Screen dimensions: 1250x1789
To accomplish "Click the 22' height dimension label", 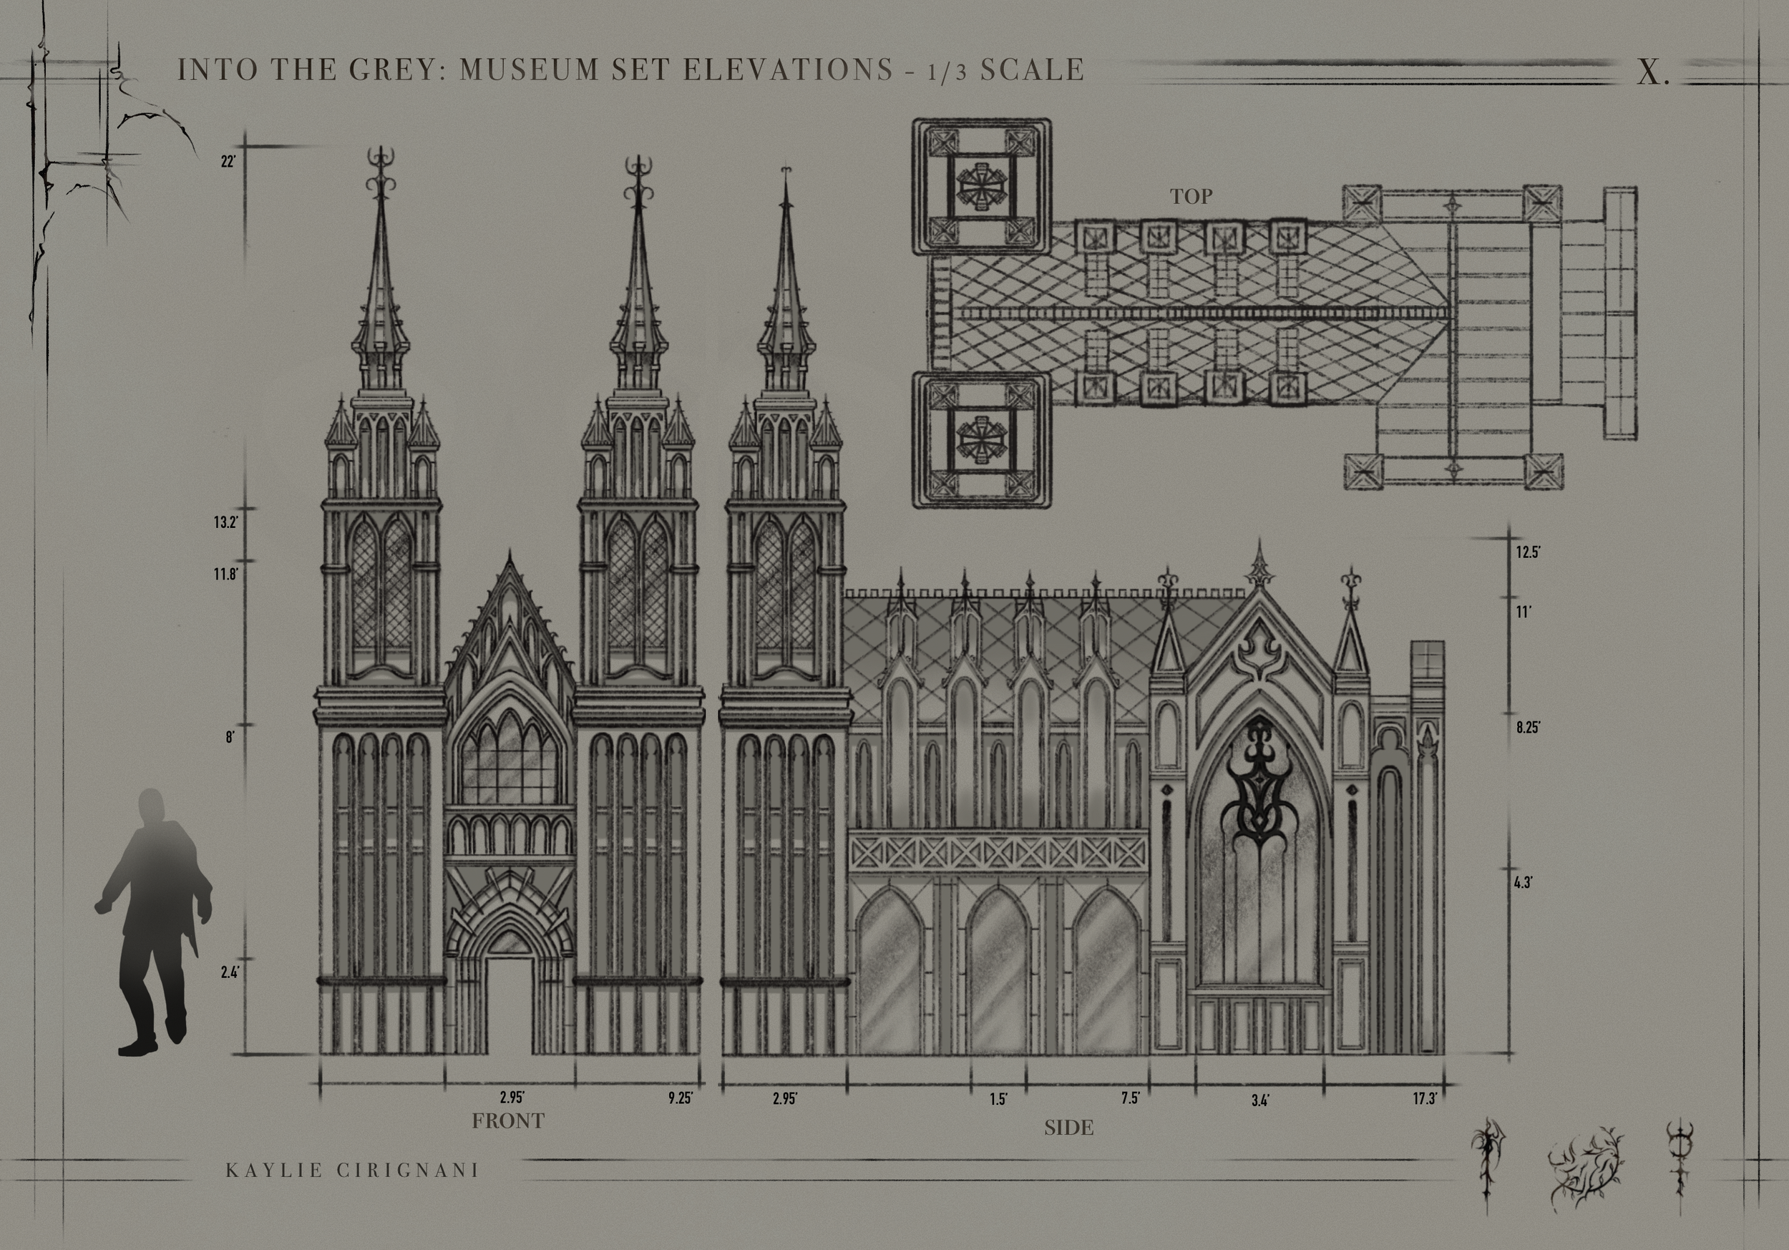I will click(228, 162).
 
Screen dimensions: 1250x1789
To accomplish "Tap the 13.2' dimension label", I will click(225, 522).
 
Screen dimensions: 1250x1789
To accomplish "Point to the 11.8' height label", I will click(225, 575).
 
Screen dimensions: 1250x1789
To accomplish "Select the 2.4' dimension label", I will click(229, 971).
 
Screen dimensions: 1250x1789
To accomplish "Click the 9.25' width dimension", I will click(681, 1098).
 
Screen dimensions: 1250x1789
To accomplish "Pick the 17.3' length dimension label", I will click(1425, 1099).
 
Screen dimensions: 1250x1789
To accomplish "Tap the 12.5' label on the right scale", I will click(1528, 552).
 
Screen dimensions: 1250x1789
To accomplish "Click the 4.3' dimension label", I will click(1524, 883).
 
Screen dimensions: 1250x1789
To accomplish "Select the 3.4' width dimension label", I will click(1260, 1100).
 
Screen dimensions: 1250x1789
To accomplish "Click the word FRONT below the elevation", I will click(508, 1121).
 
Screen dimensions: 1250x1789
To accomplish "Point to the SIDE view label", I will click(1068, 1127).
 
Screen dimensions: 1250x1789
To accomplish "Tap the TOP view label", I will click(1191, 197).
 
